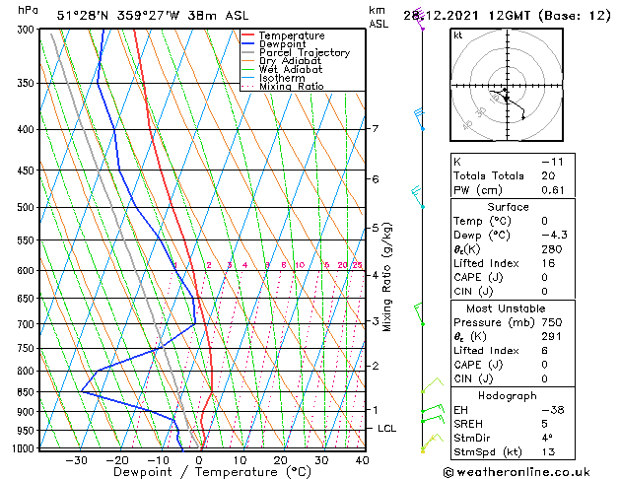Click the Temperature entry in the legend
point(291,35)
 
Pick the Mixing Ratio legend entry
point(291,87)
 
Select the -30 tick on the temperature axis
point(76,459)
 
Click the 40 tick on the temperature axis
point(362,459)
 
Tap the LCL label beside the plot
point(387,429)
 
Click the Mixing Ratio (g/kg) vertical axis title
point(388,277)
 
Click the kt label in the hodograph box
point(458,34)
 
